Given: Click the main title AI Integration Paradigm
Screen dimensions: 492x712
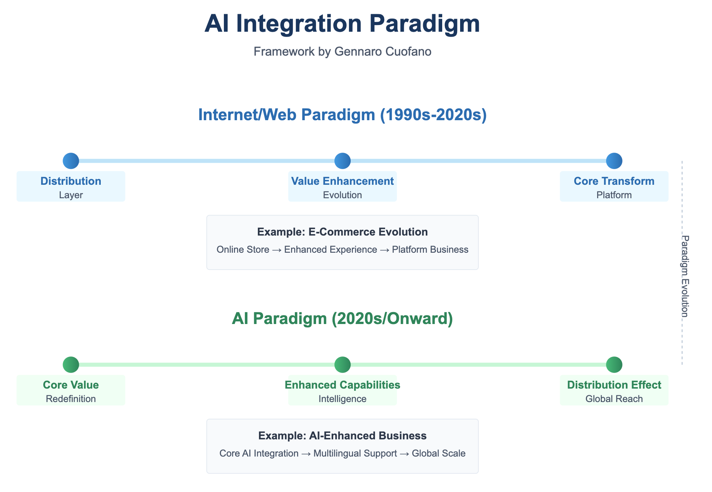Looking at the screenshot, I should (342, 24).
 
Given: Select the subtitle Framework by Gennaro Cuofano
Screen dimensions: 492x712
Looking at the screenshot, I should (342, 52).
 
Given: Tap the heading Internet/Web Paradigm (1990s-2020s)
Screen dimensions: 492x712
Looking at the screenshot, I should (342, 115).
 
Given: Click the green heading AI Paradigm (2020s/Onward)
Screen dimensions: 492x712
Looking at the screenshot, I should (342, 318).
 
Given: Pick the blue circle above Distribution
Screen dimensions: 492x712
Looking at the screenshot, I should (71, 161).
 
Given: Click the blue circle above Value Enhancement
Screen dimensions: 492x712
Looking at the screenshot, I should (342, 161).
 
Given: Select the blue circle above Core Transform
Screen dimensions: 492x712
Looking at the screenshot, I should (614, 161).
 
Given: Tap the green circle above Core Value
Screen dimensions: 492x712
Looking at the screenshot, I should (71, 365).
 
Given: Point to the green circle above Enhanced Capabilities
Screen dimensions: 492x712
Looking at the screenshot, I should (342, 365).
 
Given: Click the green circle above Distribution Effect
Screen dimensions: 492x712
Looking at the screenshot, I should (614, 365).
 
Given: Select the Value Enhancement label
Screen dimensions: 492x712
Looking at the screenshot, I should (342, 181).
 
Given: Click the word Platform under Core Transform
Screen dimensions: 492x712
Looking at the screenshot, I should (614, 195).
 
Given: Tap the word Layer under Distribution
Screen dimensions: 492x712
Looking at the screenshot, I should (71, 195).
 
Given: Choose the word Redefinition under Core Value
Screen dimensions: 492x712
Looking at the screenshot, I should (71, 399).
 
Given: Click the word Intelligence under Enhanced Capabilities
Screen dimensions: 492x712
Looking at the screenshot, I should (342, 399).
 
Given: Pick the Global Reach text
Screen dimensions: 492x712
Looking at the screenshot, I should (614, 399).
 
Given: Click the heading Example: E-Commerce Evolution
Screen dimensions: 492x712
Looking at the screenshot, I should (342, 232).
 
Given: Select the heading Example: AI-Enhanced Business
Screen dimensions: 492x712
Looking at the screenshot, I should (342, 436).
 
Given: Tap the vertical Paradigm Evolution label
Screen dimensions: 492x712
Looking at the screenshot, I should (685, 276).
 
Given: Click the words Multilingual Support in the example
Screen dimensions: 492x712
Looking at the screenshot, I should (355, 453).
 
